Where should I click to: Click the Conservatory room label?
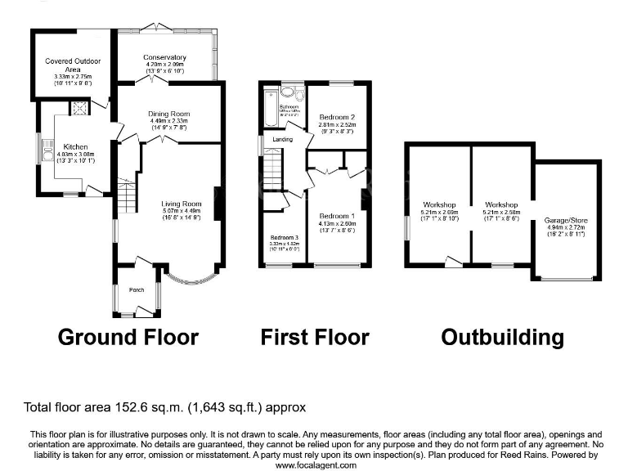(164, 57)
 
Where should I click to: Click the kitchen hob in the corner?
(79, 106)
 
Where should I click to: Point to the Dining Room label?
(168, 114)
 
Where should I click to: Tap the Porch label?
(136, 289)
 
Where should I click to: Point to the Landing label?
(283, 140)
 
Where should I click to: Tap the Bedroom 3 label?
(284, 238)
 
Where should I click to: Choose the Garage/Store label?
(566, 221)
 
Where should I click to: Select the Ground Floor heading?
(128, 337)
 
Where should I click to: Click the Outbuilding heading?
(502, 337)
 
